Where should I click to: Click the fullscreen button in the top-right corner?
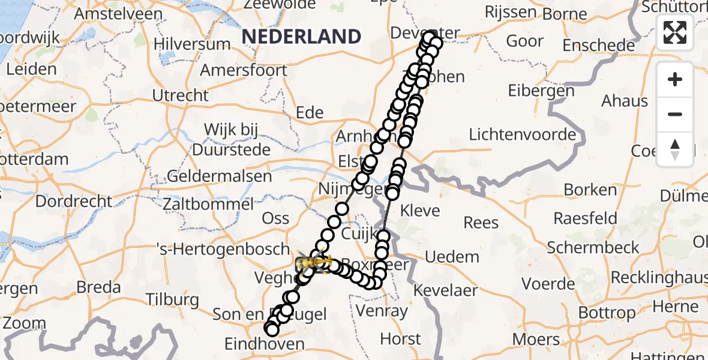click(675, 32)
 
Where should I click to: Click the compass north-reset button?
click(675, 149)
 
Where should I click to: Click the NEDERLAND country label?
click(301, 37)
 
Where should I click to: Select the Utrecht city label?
click(180, 95)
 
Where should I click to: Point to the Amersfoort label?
click(243, 70)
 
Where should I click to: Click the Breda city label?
click(99, 287)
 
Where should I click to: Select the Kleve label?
click(420, 211)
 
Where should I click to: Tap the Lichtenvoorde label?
click(522, 134)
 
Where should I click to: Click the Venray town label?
click(382, 311)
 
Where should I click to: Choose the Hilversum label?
click(192, 44)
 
